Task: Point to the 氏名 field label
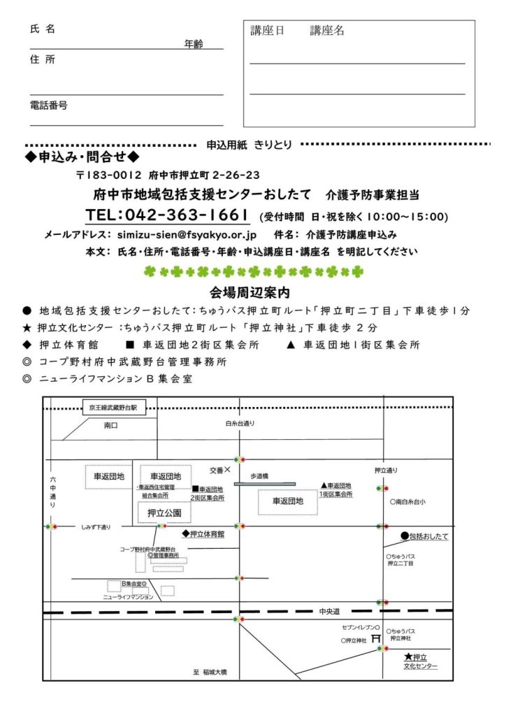click(x=43, y=29)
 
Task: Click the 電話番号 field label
click(x=48, y=105)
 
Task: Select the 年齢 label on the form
click(x=194, y=44)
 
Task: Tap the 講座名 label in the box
click(x=327, y=31)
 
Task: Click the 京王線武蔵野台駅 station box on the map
click(x=114, y=407)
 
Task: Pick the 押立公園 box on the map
click(x=164, y=513)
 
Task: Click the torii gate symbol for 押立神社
click(x=375, y=638)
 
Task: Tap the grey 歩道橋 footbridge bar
click(x=264, y=484)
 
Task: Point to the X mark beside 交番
click(x=227, y=470)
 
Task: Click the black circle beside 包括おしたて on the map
click(x=405, y=536)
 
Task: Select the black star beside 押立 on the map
click(x=408, y=657)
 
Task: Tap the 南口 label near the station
click(x=111, y=424)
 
